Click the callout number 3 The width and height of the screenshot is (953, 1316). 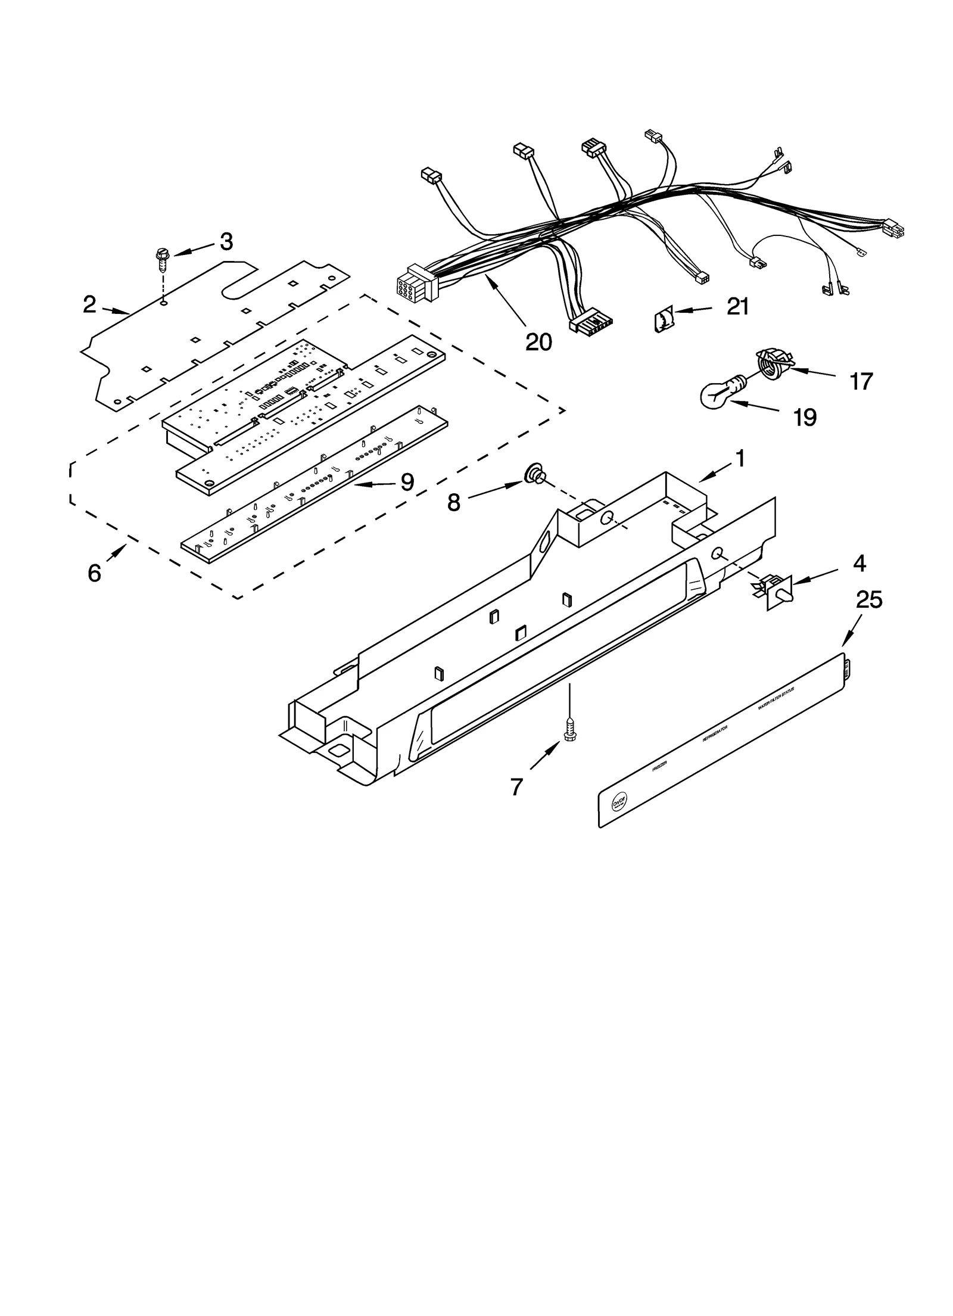click(226, 241)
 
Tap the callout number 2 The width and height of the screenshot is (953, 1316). click(89, 305)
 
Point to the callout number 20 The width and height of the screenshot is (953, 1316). click(538, 342)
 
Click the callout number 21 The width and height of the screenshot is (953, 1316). click(737, 306)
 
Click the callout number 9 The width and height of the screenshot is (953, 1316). click(407, 482)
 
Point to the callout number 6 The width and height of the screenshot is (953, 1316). click(94, 573)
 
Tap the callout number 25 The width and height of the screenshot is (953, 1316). click(868, 600)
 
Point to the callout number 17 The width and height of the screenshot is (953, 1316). click(861, 381)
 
